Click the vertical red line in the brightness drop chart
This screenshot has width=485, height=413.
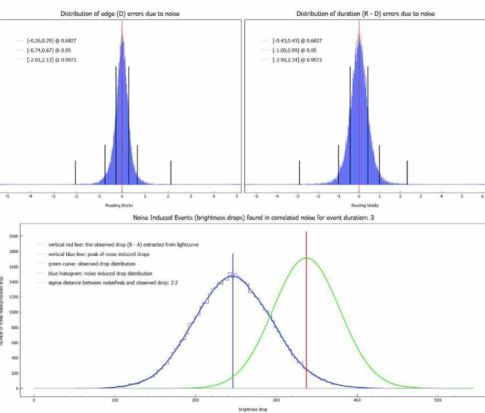point(306,311)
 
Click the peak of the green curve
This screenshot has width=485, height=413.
point(306,258)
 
